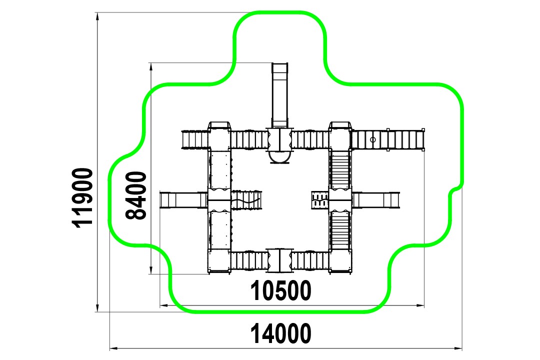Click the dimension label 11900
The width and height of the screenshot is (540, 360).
(82, 197)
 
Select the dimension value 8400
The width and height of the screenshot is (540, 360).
(135, 195)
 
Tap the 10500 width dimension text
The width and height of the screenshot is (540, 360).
(280, 290)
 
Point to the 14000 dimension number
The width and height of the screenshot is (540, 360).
(280, 333)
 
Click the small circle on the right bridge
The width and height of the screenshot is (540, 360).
(372, 139)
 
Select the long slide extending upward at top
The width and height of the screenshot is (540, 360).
(279, 95)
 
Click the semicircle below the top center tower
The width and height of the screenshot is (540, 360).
(279, 156)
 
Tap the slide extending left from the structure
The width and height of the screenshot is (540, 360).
(183, 200)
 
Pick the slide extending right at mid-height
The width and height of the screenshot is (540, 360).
(375, 200)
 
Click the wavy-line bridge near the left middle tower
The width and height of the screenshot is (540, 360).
(246, 200)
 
